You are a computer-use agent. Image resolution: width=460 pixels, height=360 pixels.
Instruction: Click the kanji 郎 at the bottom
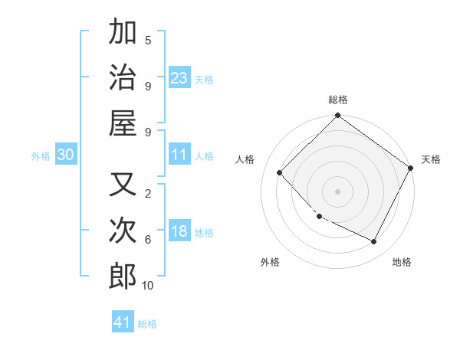click(123, 276)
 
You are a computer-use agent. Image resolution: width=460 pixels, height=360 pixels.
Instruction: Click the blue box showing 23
click(179, 77)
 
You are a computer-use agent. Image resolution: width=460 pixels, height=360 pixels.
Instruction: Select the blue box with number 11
click(179, 155)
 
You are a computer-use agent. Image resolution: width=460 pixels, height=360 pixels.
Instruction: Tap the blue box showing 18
click(179, 231)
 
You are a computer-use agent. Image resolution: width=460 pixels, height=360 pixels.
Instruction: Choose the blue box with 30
click(65, 155)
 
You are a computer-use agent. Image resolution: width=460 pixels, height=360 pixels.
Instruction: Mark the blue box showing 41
click(123, 322)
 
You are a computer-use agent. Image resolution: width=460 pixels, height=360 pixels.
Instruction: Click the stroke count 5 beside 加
click(148, 41)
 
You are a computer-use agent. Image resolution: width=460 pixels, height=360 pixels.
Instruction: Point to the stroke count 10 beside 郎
click(148, 285)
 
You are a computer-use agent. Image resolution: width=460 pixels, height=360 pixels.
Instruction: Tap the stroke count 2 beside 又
click(148, 194)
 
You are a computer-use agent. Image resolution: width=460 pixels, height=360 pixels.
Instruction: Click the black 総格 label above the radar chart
click(338, 100)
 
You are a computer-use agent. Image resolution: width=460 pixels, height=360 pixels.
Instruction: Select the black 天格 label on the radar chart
click(431, 159)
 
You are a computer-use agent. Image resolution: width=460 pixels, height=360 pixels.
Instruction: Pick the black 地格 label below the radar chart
click(402, 262)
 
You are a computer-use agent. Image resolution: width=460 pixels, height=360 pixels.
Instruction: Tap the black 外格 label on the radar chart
click(270, 262)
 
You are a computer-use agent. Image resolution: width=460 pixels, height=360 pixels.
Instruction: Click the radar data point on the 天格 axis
click(410, 168)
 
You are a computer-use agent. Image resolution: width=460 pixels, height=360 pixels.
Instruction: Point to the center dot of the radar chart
click(337, 191)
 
